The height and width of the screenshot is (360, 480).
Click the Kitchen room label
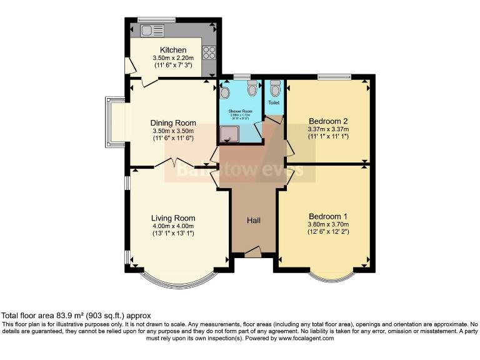tap(172, 50)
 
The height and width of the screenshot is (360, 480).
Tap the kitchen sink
tap(151, 30)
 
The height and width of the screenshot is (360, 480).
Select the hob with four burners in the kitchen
tap(209, 52)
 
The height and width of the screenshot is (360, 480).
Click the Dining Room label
tap(173, 123)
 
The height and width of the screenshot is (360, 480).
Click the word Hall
tap(253, 221)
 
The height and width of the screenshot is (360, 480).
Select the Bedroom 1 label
tap(327, 216)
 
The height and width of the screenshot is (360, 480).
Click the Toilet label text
tap(274, 102)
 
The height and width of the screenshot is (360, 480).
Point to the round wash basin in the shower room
tap(225, 92)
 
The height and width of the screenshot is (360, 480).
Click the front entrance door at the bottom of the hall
tap(252, 252)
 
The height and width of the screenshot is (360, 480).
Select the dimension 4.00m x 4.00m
tap(173, 226)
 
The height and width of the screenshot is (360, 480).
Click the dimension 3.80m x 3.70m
tap(327, 224)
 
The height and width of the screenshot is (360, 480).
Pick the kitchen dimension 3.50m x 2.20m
tap(173, 58)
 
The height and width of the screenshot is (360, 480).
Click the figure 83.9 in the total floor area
tap(64, 316)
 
